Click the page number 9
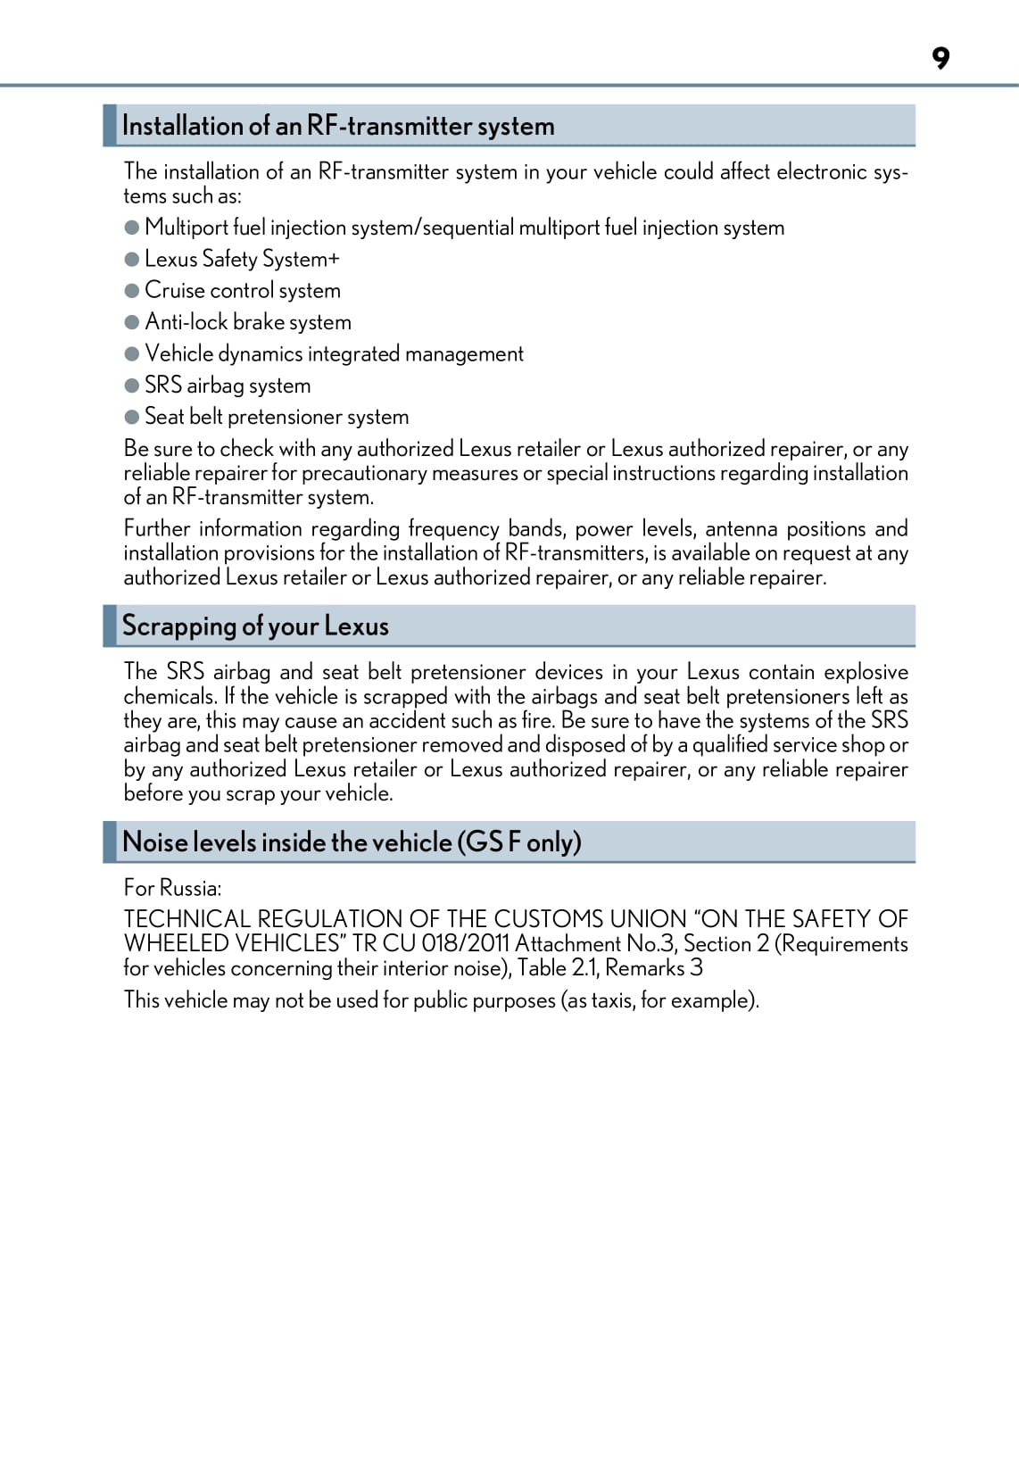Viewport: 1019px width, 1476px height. click(x=940, y=58)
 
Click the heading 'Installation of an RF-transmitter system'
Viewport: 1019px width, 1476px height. click(x=338, y=126)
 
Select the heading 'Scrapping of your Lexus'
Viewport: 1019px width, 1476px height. click(x=255, y=626)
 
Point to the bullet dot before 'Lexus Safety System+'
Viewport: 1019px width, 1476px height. click(x=132, y=259)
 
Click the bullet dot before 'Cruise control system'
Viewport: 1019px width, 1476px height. click(x=132, y=290)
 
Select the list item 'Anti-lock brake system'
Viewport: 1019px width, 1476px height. click(x=248, y=322)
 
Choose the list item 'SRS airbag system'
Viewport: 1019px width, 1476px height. click(x=228, y=386)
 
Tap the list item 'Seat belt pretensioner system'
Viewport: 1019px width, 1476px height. click(x=277, y=417)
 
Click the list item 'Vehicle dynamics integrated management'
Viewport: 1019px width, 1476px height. click(x=334, y=354)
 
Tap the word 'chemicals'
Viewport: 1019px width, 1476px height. click(x=169, y=696)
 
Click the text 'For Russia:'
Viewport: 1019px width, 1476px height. click(x=172, y=888)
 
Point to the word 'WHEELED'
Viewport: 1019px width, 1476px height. click(x=176, y=943)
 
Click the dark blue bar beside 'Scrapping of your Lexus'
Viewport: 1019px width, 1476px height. click(x=110, y=626)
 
